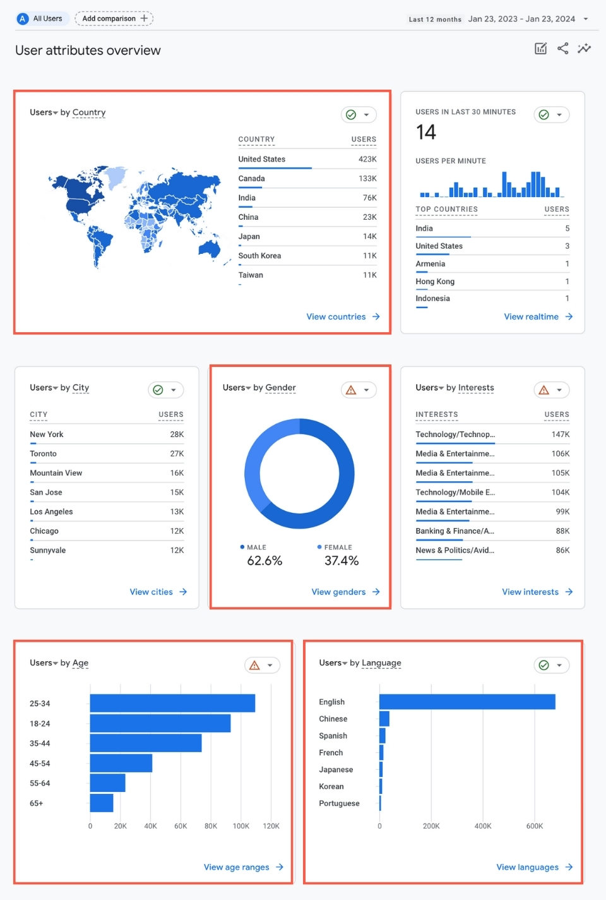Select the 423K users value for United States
[x=367, y=159]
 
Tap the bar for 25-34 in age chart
[x=172, y=703]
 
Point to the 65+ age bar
[x=102, y=803]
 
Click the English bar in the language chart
[x=467, y=702]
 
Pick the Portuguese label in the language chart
[x=339, y=803]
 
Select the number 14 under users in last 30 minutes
[x=426, y=132]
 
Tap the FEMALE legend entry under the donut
[x=338, y=548]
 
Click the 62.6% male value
[x=264, y=561]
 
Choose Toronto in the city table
[x=43, y=453]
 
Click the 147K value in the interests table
[x=560, y=435]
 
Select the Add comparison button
[x=114, y=18]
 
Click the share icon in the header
[x=562, y=49]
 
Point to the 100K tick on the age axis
[x=241, y=826]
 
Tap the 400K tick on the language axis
[x=483, y=826]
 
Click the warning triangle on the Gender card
[x=351, y=390]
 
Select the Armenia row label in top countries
[x=430, y=264]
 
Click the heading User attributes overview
[x=88, y=51]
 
